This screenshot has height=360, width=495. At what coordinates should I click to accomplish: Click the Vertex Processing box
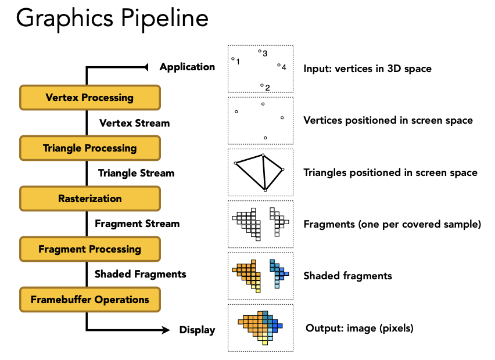tap(89, 98)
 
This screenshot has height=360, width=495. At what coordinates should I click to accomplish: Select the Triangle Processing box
tap(89, 148)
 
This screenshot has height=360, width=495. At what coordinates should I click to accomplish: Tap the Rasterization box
tap(89, 199)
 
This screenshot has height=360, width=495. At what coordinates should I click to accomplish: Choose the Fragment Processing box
tap(89, 249)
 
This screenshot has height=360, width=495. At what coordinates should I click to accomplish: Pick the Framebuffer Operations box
tap(89, 300)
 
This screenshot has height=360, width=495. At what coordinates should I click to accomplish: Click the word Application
tap(187, 67)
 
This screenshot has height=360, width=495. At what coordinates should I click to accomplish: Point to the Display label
tap(197, 330)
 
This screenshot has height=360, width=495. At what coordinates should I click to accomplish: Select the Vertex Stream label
tap(134, 123)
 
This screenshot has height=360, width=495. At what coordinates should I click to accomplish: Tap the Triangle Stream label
tap(136, 173)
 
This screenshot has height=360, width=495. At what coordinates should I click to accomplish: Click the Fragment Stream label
tap(137, 224)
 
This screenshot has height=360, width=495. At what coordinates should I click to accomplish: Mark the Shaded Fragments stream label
tap(140, 273)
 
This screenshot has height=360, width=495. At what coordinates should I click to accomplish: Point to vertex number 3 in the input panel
tap(260, 52)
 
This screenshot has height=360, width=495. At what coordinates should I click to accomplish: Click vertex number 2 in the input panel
tap(262, 85)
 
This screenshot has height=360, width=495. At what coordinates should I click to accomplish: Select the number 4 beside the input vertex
tap(284, 67)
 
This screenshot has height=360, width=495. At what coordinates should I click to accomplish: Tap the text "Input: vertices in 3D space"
tap(367, 69)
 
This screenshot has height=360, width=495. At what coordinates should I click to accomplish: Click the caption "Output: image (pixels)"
tap(359, 328)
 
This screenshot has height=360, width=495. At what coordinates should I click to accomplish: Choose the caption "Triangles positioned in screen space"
tap(390, 172)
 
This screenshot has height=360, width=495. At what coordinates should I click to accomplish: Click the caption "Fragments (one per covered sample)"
tap(392, 224)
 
